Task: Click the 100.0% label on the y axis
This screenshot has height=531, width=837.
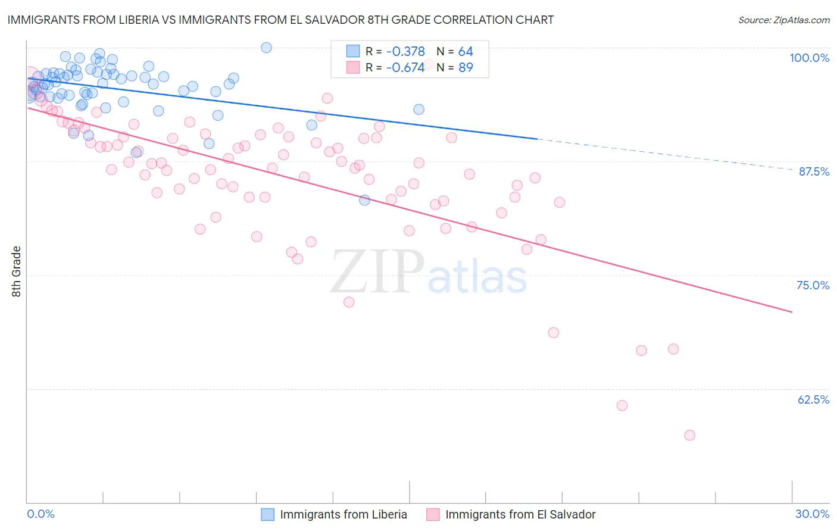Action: click(x=809, y=58)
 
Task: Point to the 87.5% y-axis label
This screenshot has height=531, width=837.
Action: click(x=813, y=171)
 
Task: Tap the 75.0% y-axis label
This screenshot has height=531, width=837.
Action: click(x=813, y=285)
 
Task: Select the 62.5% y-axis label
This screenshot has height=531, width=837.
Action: click(x=813, y=399)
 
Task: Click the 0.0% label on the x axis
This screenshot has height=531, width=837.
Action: click(x=40, y=514)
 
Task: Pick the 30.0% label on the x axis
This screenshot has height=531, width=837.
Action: click(x=812, y=514)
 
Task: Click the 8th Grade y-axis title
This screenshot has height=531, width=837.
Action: click(x=17, y=271)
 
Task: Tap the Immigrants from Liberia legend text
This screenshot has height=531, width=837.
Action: click(x=343, y=514)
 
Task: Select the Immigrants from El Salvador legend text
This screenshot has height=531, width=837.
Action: click(x=520, y=514)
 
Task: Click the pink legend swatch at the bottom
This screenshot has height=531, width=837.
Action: click(x=433, y=514)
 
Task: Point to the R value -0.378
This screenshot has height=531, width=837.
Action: click(x=405, y=52)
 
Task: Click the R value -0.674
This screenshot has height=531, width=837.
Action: click(x=405, y=67)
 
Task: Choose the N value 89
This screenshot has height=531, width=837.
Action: click(x=466, y=67)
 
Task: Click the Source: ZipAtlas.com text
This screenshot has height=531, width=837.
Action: click(x=783, y=20)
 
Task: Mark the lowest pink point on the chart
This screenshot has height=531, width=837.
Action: click(x=689, y=435)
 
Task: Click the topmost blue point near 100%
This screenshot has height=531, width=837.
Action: click(x=266, y=48)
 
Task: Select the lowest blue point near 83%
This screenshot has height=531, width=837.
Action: click(x=364, y=200)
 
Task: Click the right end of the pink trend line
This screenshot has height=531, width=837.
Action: click(x=792, y=312)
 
